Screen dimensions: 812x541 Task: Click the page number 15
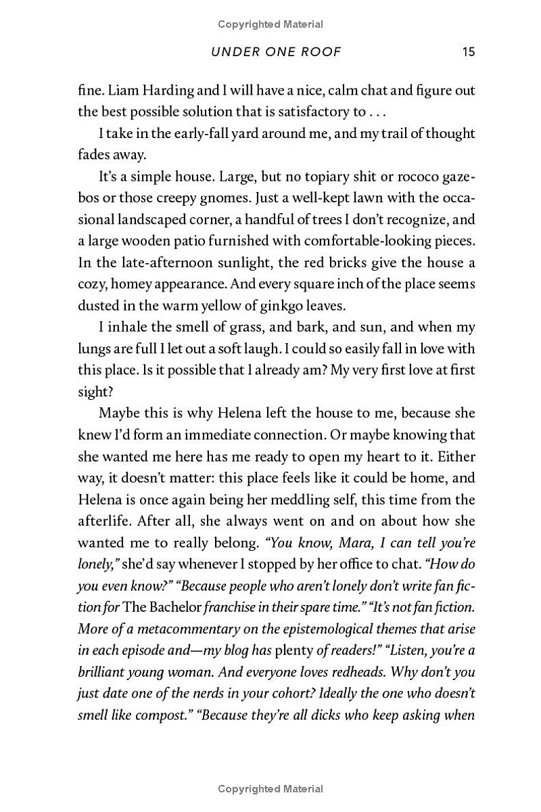tap(469, 52)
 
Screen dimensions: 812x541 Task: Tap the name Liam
tap(124, 90)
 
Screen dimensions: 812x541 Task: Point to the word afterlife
tap(103, 521)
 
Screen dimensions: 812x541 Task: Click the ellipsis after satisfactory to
tap(379, 112)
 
